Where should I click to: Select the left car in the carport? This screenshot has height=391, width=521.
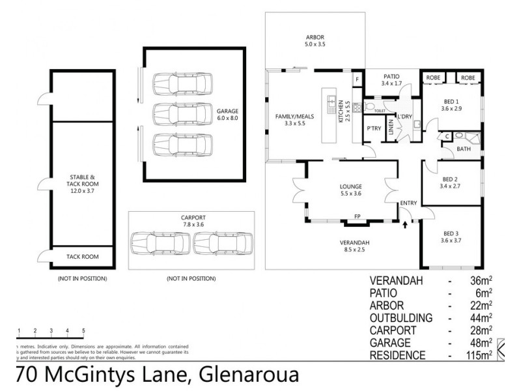click(160, 243)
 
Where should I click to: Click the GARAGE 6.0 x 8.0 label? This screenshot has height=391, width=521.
click(228, 115)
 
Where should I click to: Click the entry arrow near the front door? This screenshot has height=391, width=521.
click(406, 224)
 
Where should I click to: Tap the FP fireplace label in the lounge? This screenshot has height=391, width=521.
click(357, 216)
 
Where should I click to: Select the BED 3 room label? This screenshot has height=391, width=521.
click(452, 237)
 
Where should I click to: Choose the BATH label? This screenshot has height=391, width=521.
click(464, 149)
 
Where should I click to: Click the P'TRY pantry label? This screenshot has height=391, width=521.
click(374, 128)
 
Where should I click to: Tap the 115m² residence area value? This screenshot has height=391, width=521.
click(477, 356)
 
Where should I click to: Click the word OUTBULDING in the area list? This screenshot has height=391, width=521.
click(402, 317)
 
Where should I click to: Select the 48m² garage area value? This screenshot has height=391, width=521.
click(480, 343)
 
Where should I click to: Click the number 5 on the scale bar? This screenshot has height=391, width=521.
click(83, 331)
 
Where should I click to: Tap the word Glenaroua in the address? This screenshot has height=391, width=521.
click(251, 376)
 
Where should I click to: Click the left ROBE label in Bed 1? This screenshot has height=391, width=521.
click(432, 78)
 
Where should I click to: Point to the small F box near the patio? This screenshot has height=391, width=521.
click(357, 80)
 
